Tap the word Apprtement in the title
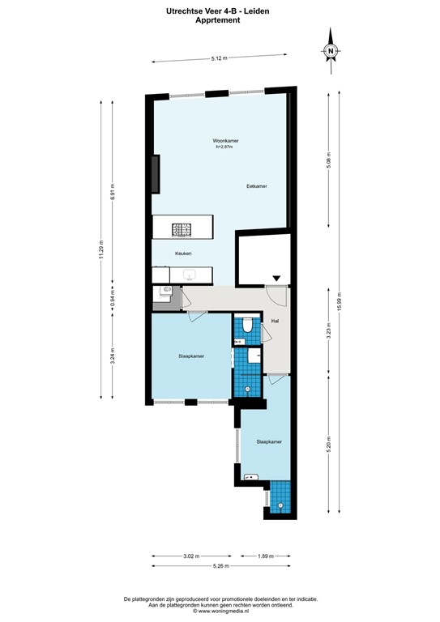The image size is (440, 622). pyautogui.click(x=220, y=21)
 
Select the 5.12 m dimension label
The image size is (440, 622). pyautogui.click(x=219, y=58)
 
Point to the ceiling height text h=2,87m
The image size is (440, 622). pyautogui.click(x=224, y=147)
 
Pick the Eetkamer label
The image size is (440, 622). pyautogui.click(x=257, y=186)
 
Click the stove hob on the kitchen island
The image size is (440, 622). pyautogui.click(x=182, y=228)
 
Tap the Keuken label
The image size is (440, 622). pyautogui.click(x=183, y=253)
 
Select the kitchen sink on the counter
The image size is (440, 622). pyautogui.click(x=191, y=276)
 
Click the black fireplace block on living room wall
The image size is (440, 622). pyautogui.click(x=155, y=171)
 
